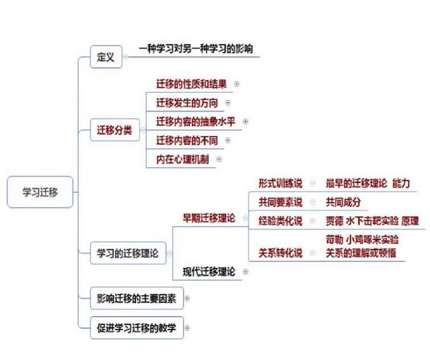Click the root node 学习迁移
pyautogui.click(x=40, y=192)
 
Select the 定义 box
pyautogui.click(x=106, y=57)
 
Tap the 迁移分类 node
pyautogui.click(x=115, y=130)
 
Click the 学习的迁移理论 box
pyautogui.click(x=128, y=253)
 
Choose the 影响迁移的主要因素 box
pyautogui.click(x=137, y=298)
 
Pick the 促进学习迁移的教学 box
pyautogui.click(x=137, y=328)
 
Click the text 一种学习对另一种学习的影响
pyautogui.click(x=196, y=49)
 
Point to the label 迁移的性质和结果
pyautogui.click(x=192, y=84)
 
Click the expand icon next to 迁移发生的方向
pyautogui.click(x=228, y=103)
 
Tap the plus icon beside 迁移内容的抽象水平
pyautogui.click(x=246, y=122)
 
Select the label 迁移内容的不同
pyautogui.click(x=187, y=140)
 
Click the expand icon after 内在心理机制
pyautogui.click(x=219, y=159)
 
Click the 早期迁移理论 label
pyautogui.click(x=209, y=218)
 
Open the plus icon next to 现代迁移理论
pyautogui.click(x=246, y=271)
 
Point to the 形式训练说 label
pyautogui.click(x=280, y=183)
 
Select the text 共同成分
pyautogui.click(x=343, y=202)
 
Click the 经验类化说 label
pyautogui.click(x=280, y=221)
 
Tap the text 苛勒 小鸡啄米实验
pyautogui.click(x=362, y=240)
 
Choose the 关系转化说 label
pyautogui.click(x=280, y=253)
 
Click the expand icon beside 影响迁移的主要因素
pyautogui.click(x=187, y=298)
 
